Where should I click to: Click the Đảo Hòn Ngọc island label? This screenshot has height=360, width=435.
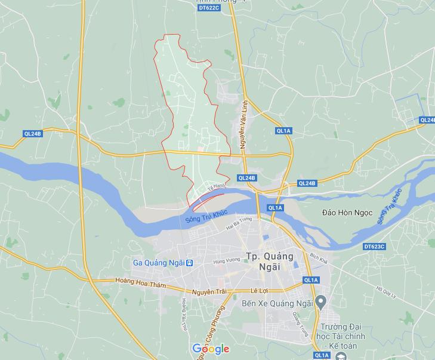click(347, 213)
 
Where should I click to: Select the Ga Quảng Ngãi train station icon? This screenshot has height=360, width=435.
click(189, 263)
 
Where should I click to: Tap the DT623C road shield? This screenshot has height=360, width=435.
click(374, 246)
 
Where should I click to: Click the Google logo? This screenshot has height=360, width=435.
click(211, 349)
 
